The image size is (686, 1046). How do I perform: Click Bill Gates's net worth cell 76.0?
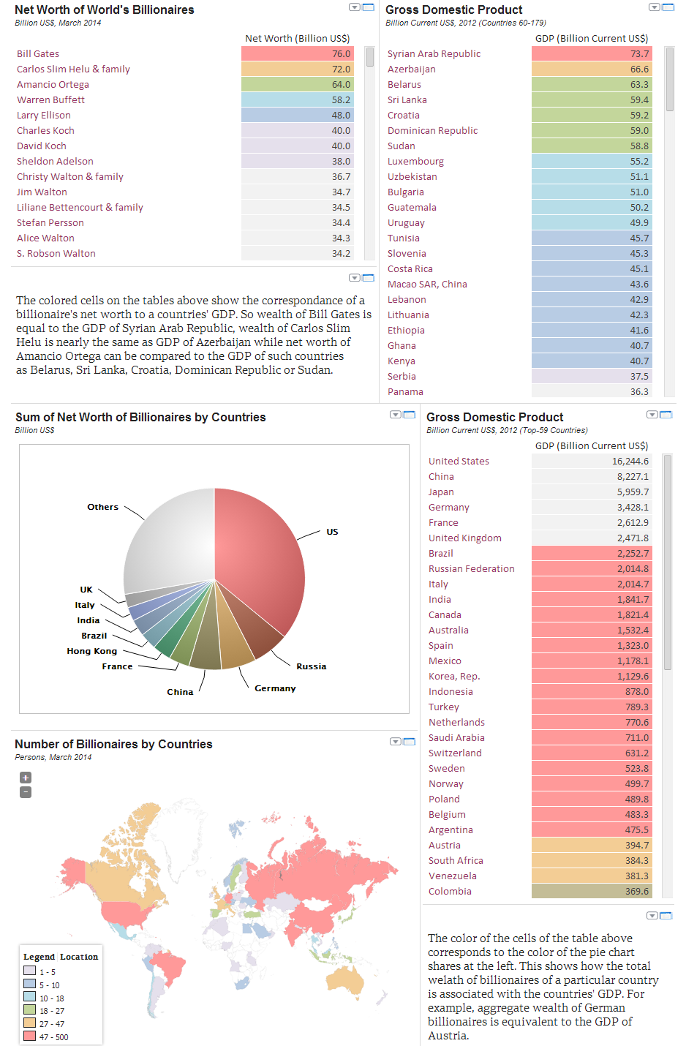coord(298,54)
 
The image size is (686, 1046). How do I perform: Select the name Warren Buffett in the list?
coord(51,100)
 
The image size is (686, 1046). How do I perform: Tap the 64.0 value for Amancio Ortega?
coord(298,85)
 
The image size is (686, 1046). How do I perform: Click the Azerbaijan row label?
coord(412,69)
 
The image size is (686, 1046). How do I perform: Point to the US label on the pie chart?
coord(332,532)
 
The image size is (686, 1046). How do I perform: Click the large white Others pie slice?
coord(168,541)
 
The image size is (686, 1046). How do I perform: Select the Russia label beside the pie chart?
coord(312,666)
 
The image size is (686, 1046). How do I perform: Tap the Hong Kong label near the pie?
coord(92,651)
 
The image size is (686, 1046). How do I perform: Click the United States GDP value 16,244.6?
coord(591,462)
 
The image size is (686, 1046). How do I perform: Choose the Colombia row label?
coord(450,892)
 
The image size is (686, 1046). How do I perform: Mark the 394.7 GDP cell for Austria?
coord(591,846)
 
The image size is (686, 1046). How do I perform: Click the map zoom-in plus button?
coord(26,778)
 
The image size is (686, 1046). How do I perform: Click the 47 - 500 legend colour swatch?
coord(30,1036)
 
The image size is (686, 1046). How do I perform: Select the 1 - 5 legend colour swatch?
coord(30,971)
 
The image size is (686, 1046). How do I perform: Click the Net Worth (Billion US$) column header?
coord(297,39)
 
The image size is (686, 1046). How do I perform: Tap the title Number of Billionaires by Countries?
coord(113,745)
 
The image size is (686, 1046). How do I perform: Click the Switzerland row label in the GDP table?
coord(455,753)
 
